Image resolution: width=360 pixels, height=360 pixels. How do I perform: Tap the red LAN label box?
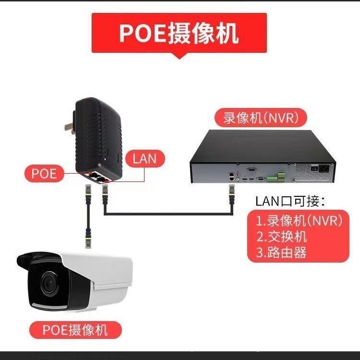click(144, 158)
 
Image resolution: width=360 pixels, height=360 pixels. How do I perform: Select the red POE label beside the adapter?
click(44, 173)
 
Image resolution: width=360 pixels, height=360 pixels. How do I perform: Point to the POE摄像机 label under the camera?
click(75, 330)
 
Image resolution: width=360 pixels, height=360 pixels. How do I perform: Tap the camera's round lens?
click(48, 283)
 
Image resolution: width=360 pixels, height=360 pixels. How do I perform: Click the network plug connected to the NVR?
click(231, 194)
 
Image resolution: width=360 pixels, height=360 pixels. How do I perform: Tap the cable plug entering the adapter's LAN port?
click(105, 192)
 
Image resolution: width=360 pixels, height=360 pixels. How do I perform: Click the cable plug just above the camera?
click(88, 239)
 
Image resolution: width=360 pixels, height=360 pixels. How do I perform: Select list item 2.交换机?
click(281, 236)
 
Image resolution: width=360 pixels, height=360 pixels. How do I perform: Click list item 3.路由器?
click(281, 252)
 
